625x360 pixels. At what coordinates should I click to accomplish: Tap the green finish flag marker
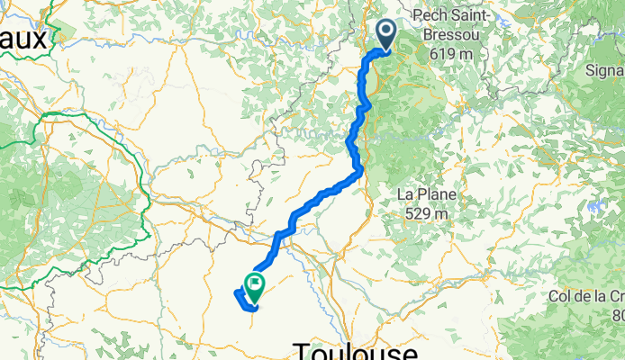[x=255, y=287]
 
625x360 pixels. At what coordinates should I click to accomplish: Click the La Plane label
[x=427, y=194]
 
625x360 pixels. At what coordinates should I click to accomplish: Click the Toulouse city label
[x=357, y=350]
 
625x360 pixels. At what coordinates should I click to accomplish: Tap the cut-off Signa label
[x=605, y=70]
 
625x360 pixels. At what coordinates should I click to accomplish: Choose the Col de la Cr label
[x=586, y=296]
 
